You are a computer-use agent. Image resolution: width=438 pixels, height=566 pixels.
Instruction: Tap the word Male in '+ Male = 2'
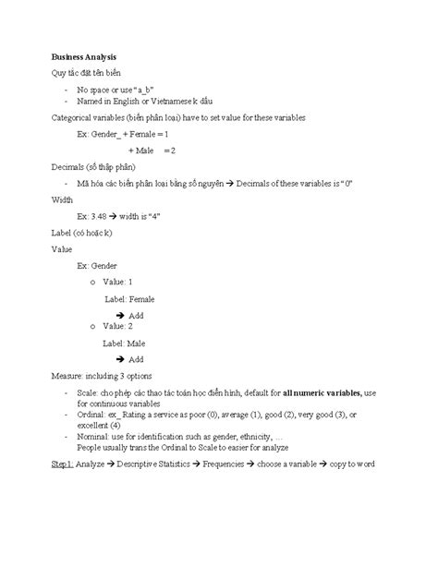(x=143, y=150)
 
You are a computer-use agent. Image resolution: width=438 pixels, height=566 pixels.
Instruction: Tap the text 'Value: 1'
(x=118, y=281)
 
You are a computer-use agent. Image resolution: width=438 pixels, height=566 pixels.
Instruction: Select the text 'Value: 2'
(x=118, y=326)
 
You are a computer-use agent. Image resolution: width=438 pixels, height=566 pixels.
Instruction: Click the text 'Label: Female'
(x=129, y=299)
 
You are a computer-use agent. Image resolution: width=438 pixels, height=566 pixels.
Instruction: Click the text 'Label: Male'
(x=124, y=343)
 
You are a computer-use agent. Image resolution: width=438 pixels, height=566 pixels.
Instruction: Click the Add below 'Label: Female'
(x=135, y=315)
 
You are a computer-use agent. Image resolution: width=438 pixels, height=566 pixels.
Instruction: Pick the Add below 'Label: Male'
(x=135, y=359)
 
